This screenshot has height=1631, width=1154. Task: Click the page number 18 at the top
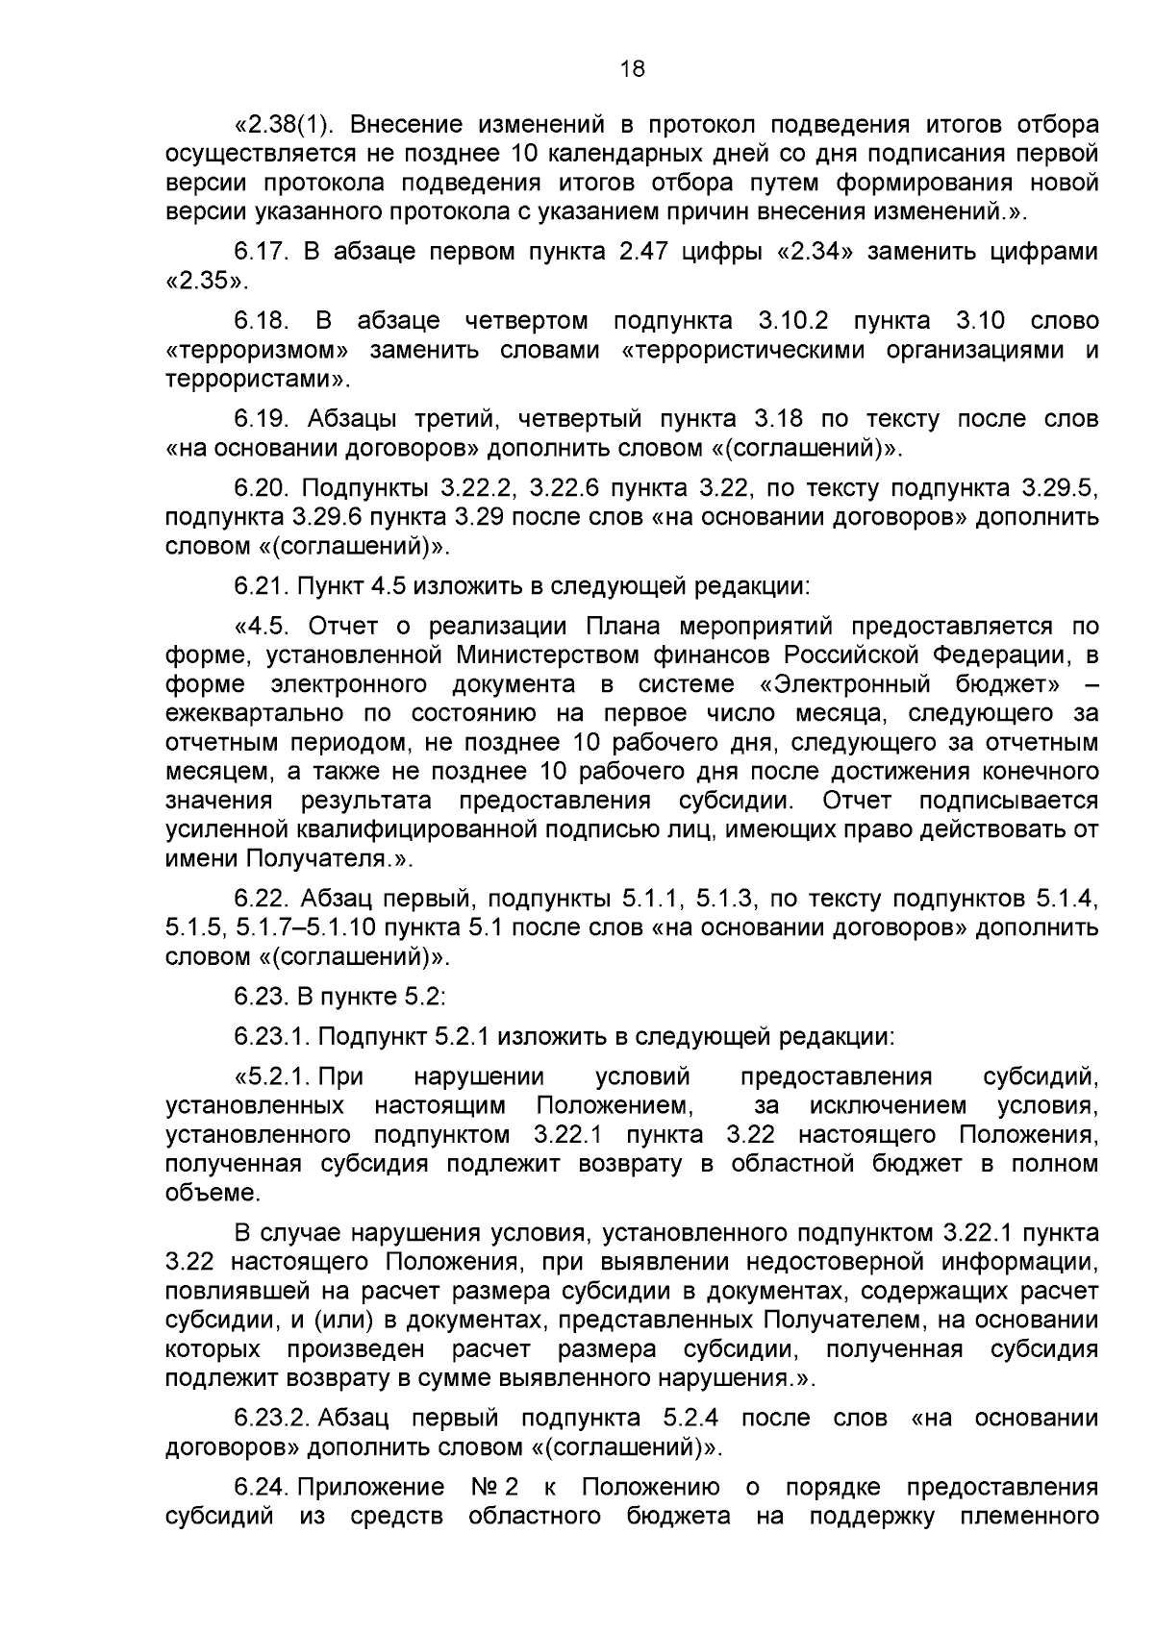(x=632, y=69)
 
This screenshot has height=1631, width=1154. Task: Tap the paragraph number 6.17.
(x=262, y=253)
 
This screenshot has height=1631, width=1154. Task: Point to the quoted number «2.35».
(x=206, y=283)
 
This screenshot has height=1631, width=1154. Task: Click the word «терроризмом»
(x=256, y=350)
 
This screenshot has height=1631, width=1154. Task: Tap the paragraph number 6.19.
(x=262, y=420)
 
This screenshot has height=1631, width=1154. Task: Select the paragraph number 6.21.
(x=262, y=586)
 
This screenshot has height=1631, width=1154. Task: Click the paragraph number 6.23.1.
(x=272, y=1038)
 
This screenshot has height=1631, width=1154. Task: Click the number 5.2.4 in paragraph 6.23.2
(x=691, y=1419)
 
